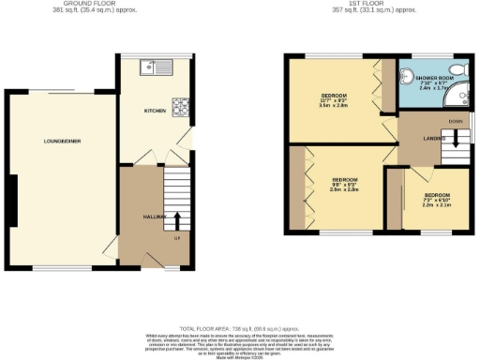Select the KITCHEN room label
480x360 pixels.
coord(155,112)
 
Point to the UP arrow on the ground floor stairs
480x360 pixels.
coord(177,220)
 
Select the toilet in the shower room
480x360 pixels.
coord(411,74)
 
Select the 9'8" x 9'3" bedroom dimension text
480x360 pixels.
coord(344,186)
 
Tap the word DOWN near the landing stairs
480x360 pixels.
coord(454,122)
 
